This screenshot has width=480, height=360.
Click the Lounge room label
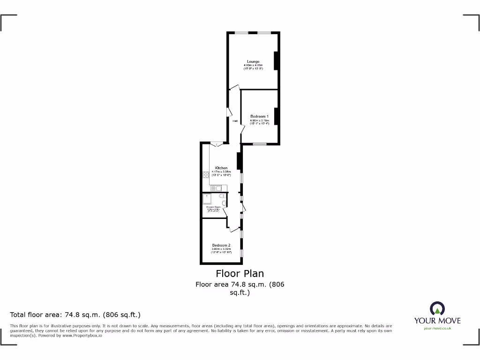tap(253, 61)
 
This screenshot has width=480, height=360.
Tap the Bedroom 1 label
tap(259, 116)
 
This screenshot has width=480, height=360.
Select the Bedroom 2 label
tap(221, 245)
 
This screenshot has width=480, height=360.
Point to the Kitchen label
tap(221, 168)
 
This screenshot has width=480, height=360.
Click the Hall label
tap(235, 121)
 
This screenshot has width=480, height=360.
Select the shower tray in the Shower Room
tap(207, 199)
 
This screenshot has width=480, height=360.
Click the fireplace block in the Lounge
tap(277, 60)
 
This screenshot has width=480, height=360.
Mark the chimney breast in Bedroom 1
tap(277, 116)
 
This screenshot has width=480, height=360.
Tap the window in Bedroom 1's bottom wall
tap(260, 143)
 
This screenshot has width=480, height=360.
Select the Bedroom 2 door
tap(233, 229)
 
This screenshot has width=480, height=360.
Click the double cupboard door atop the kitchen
tap(216, 145)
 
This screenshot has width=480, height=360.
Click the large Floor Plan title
tap(240, 273)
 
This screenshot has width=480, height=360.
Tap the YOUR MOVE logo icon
tap(437, 308)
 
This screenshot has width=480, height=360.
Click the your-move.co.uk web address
tap(437, 329)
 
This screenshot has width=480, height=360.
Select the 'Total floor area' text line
tap(75, 315)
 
